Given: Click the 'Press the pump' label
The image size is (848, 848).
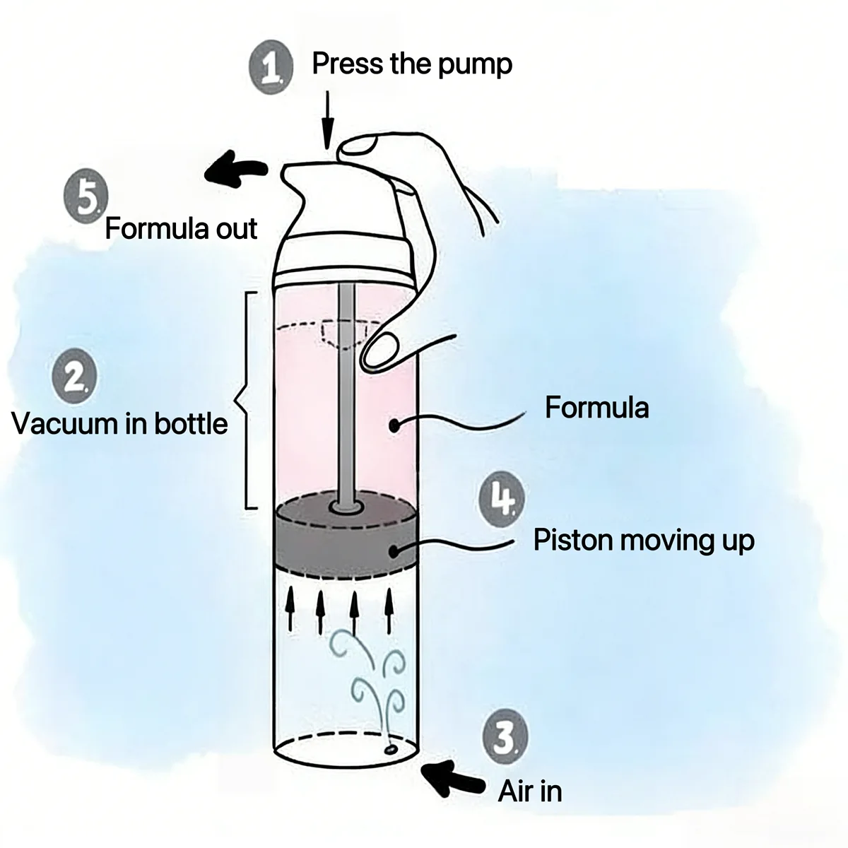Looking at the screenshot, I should pyautogui.click(x=411, y=64).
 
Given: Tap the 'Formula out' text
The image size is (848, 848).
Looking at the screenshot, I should pyautogui.click(x=181, y=229).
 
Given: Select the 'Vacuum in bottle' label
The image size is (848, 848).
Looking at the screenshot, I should pyautogui.click(x=120, y=424).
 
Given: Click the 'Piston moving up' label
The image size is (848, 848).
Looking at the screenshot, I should pyautogui.click(x=644, y=540).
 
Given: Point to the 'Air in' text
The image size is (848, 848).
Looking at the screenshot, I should pyautogui.click(x=530, y=791).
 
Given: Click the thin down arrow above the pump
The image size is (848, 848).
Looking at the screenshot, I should pyautogui.click(x=326, y=120).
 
